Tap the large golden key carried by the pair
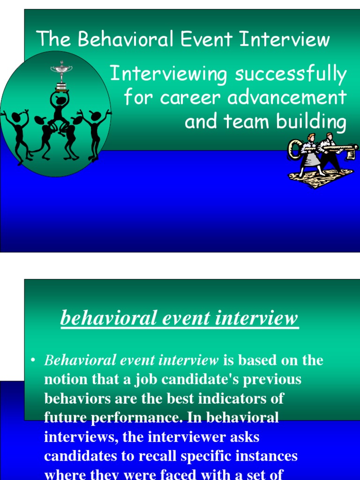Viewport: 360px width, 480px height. [x=323, y=149]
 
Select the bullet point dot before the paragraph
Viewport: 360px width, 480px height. [x=32, y=360]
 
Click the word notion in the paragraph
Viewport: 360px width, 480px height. [x=67, y=379]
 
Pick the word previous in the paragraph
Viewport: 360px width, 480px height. [x=272, y=379]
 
